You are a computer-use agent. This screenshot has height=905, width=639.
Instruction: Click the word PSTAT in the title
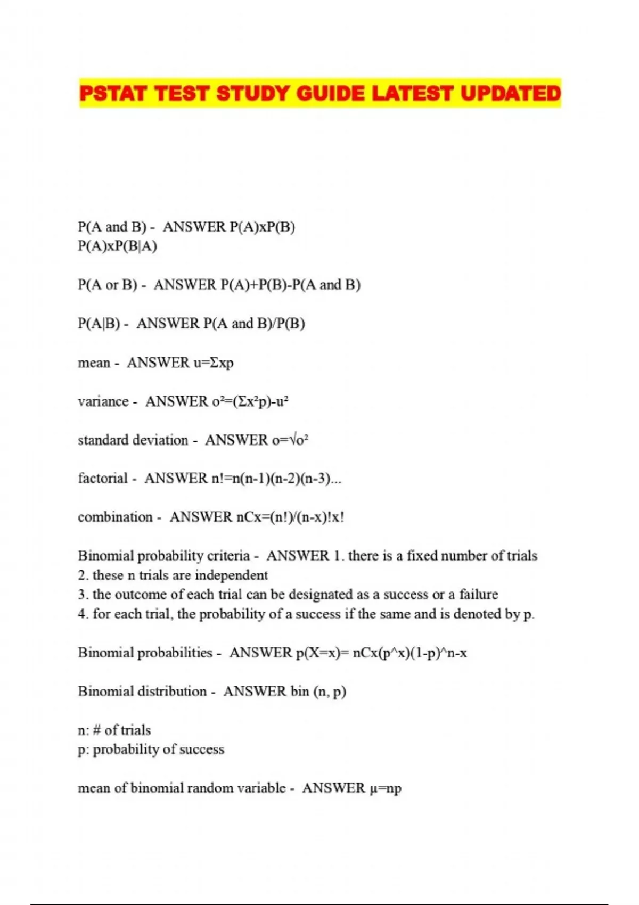pos(113,93)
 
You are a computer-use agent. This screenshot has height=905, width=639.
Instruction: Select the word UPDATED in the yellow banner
pos(510,93)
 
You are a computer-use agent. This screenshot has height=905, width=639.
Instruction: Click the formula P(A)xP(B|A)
pos(118,246)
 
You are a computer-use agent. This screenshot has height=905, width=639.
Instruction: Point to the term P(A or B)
pos(108,285)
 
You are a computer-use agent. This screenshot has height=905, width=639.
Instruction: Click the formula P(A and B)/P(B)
pos(254,324)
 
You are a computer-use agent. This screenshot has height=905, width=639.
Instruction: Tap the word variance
pos(103,401)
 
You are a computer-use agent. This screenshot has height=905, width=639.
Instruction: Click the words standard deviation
pos(133,440)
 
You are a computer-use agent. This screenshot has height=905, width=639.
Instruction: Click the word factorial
pos(103,479)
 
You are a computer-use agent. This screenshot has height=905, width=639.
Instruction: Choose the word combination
pos(115,517)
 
